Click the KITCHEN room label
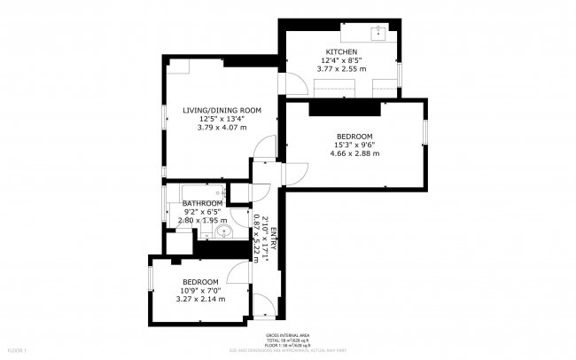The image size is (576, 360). click(341, 51)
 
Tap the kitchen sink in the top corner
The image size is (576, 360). click(379, 34)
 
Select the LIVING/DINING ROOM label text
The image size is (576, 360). click(222, 110)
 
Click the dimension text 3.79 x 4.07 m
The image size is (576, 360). click(222, 127)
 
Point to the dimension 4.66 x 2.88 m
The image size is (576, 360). click(356, 153)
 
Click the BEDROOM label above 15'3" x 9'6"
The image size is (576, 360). click(354, 136)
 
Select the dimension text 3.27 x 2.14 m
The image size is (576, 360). click(199, 299)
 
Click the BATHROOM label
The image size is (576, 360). click(203, 203)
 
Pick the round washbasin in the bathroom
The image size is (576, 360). click(223, 233)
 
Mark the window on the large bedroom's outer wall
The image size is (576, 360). click(425, 132)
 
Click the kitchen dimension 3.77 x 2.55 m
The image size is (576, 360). click(341, 67)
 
